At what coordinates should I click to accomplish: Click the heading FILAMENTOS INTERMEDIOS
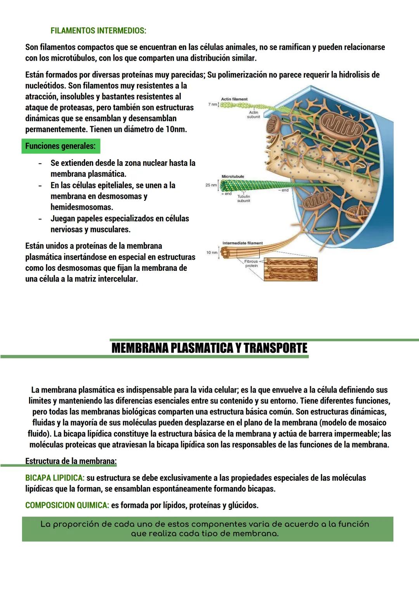[x=98, y=31]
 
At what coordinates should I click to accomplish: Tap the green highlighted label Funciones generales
[x=61, y=146]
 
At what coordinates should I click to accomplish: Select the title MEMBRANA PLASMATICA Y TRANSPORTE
[x=209, y=348]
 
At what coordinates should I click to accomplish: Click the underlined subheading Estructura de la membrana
[x=71, y=461]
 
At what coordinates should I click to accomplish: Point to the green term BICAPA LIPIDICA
[x=55, y=478]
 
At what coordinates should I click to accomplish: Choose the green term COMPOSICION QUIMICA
[x=67, y=505]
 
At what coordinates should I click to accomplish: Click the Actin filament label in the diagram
[x=234, y=99]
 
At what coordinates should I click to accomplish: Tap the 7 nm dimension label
[x=213, y=104]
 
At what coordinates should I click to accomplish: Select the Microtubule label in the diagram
[x=233, y=176]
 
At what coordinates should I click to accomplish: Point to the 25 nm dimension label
[x=211, y=185]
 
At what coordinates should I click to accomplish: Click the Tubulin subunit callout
[x=244, y=198]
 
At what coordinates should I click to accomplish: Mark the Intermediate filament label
[x=242, y=243]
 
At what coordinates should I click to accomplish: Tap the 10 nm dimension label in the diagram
[x=211, y=252]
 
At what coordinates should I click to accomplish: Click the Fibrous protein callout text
[x=251, y=264]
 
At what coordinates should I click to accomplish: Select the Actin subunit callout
[x=253, y=115]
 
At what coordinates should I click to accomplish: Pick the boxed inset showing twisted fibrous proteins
[x=291, y=269]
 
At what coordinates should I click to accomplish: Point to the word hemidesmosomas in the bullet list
[x=81, y=207]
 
